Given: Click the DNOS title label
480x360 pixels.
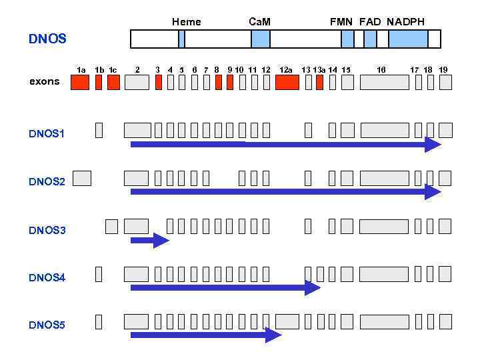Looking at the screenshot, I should [x=47, y=39].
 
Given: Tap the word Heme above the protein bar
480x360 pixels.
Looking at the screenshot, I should [x=186, y=22].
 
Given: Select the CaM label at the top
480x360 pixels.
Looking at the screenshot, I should [x=259, y=22].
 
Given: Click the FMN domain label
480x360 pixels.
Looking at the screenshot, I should [x=341, y=22].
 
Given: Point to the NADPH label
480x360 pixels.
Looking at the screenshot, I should [x=405, y=22].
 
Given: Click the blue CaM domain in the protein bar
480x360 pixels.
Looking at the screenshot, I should [x=261, y=39].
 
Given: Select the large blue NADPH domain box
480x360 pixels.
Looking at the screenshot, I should [x=408, y=39].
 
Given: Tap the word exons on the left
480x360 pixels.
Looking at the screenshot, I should [x=44, y=81].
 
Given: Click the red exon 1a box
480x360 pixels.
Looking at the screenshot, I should [x=80, y=83].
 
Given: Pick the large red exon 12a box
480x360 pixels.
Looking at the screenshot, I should [x=287, y=83].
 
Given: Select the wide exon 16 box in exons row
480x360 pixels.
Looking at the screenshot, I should [x=384, y=83].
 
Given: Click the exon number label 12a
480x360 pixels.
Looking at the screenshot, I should [x=286, y=69].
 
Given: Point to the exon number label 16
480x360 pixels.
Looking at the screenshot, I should [x=381, y=69].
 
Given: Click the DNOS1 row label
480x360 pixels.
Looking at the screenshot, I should [x=47, y=133].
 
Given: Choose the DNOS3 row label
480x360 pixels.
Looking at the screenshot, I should [x=47, y=230].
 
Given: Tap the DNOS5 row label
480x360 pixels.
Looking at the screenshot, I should [x=47, y=325].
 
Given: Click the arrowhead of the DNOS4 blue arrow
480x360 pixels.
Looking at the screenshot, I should [x=313, y=288].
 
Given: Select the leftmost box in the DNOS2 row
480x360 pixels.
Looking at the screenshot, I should [x=81, y=178].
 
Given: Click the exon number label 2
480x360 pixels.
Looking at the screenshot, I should [x=137, y=69].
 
